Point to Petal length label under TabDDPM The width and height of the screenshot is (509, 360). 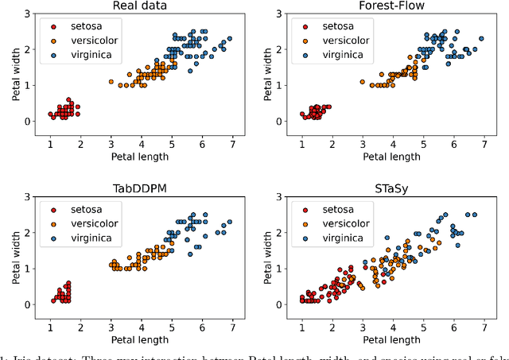click(x=140, y=339)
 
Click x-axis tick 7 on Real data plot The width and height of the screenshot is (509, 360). click(x=231, y=143)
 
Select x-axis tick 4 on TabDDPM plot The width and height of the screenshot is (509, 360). click(x=141, y=326)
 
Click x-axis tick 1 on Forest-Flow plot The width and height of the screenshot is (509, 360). click(x=301, y=143)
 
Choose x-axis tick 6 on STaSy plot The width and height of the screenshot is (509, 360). click(x=453, y=326)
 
